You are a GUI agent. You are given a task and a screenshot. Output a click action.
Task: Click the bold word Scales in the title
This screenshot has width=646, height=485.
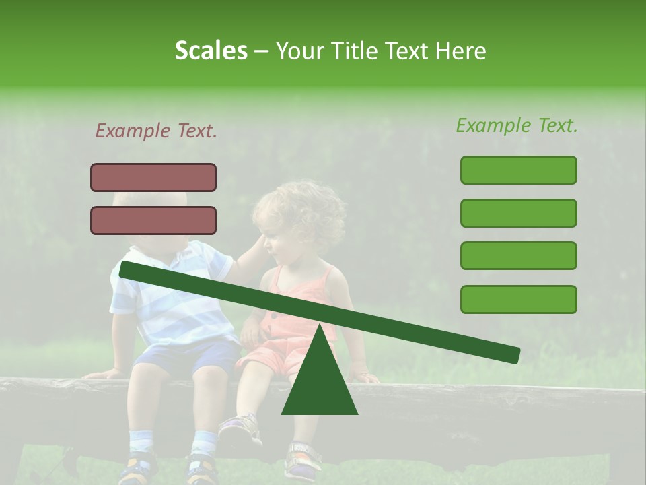[x=211, y=51]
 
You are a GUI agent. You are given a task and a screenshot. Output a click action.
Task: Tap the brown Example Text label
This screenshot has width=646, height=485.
[x=156, y=131]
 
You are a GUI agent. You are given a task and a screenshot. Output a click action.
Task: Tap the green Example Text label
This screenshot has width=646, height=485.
[x=517, y=125]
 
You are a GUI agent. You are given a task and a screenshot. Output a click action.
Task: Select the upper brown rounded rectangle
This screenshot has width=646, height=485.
[x=153, y=177]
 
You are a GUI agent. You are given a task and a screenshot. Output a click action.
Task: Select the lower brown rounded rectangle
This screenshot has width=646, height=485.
[x=153, y=220]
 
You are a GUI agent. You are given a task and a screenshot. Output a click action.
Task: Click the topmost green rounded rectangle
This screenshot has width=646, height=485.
[x=518, y=170]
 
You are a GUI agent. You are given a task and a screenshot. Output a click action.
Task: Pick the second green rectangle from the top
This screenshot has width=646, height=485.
[x=518, y=213]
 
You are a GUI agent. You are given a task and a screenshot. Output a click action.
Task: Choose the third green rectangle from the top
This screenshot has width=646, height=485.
[x=518, y=256]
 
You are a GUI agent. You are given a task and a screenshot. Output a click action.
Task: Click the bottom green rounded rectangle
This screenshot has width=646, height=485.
[x=518, y=299]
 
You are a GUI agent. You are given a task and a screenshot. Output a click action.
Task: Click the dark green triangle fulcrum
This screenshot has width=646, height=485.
[x=319, y=381]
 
